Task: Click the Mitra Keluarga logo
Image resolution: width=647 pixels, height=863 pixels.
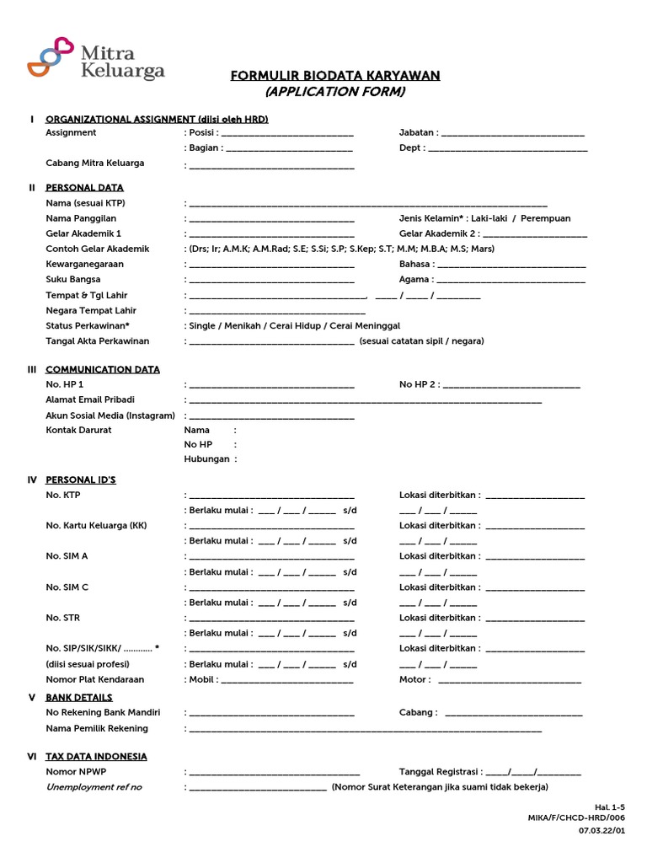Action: (95, 58)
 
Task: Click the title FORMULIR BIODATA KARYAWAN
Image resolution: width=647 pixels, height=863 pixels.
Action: (335, 76)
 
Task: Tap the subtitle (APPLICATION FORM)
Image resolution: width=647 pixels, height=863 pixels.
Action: (335, 92)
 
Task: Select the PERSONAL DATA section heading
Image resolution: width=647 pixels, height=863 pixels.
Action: (84, 188)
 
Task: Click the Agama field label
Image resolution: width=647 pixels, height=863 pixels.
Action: (415, 280)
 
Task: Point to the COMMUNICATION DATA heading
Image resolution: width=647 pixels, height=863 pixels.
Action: (102, 369)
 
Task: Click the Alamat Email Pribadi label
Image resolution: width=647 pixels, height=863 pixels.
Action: (89, 399)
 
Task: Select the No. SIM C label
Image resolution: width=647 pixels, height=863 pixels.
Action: (67, 587)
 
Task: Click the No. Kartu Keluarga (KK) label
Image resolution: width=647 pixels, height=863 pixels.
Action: (96, 525)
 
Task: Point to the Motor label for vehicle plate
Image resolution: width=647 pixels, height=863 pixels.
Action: (414, 679)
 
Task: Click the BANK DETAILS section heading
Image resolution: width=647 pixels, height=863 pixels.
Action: (78, 698)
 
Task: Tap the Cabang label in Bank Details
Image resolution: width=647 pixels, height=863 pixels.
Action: (417, 712)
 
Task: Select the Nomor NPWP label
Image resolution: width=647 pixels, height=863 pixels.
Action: (76, 771)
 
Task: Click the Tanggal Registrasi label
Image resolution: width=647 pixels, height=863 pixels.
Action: (440, 771)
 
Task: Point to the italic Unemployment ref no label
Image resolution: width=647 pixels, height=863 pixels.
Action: (94, 787)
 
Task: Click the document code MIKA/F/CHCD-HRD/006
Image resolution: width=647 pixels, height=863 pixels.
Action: (577, 817)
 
